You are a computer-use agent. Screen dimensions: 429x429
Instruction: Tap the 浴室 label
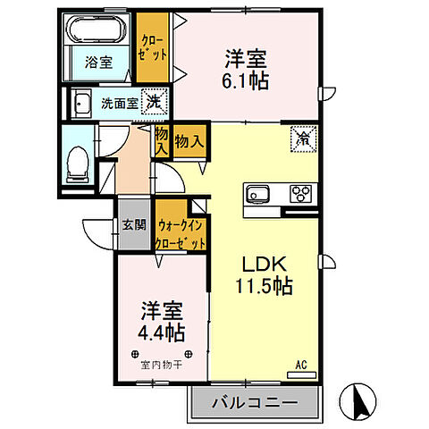(x=97, y=63)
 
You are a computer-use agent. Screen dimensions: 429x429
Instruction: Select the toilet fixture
(x=79, y=161)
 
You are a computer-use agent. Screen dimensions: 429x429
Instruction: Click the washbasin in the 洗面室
(x=82, y=104)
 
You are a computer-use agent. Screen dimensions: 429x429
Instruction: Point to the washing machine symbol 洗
(x=154, y=102)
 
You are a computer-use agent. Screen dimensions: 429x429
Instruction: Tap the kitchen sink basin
(x=258, y=193)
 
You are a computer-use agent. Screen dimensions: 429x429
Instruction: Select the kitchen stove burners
(x=301, y=193)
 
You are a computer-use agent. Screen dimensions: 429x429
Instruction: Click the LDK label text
(x=265, y=264)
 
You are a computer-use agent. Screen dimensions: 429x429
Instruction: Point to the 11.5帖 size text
(x=265, y=287)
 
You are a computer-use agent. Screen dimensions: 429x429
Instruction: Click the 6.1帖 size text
(x=246, y=79)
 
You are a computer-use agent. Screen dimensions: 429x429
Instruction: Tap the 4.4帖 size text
(x=162, y=333)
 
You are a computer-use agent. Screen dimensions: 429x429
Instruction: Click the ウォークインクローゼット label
(x=181, y=234)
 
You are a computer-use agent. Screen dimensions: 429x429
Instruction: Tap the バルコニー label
(x=254, y=403)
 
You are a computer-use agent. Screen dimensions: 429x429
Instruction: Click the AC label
(x=302, y=364)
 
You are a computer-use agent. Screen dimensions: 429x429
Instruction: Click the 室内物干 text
(x=162, y=365)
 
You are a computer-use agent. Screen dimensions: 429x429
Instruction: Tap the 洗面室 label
(x=119, y=103)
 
